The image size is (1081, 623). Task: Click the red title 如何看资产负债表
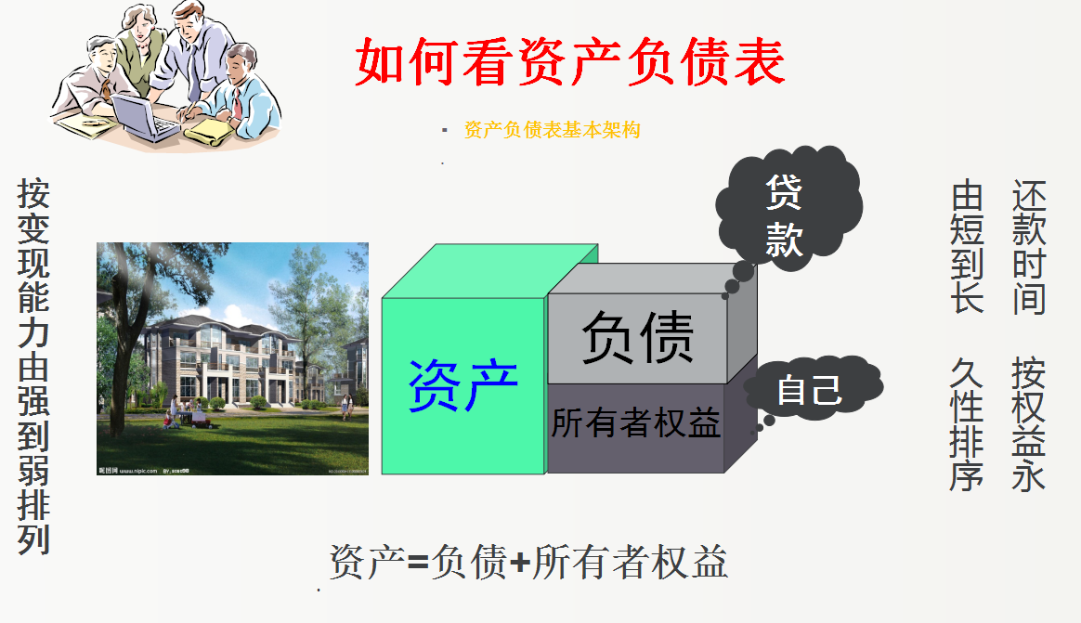(570, 62)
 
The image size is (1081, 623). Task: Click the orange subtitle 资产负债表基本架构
(552, 130)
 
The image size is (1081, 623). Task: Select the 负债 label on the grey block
(637, 336)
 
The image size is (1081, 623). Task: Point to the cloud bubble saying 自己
(809, 389)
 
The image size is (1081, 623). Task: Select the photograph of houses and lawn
(232, 359)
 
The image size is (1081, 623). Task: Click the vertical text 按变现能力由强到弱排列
(33, 368)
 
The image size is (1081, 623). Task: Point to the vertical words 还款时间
(1029, 248)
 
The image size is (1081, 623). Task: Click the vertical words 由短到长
(967, 248)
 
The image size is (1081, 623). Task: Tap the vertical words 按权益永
(1029, 423)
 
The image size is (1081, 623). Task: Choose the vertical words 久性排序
(967, 423)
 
